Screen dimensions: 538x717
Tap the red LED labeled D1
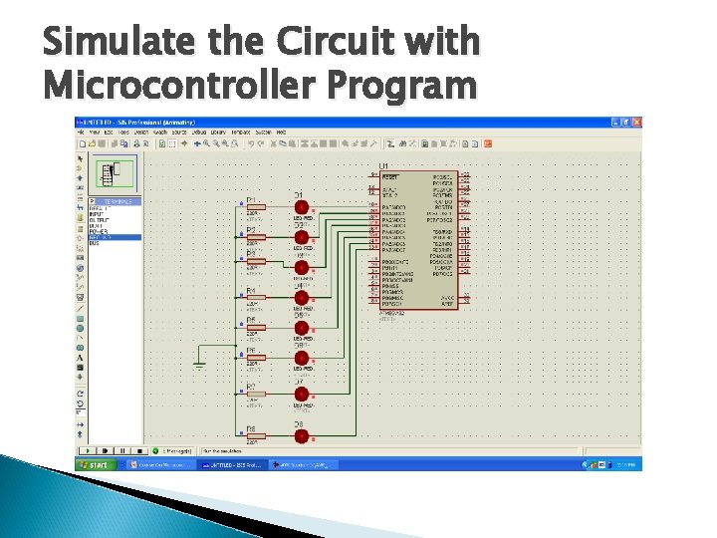click(x=301, y=208)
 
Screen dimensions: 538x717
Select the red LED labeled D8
click(x=301, y=436)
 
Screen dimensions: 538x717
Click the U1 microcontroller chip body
click(x=418, y=239)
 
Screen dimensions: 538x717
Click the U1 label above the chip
click(x=383, y=166)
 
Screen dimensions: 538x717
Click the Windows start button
click(x=97, y=464)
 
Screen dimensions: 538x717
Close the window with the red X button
click(x=636, y=122)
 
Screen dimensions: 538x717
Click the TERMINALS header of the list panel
click(x=118, y=201)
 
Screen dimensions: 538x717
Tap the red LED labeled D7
click(x=301, y=395)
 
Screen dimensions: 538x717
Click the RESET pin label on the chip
click(x=390, y=176)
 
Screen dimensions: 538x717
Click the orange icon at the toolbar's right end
click(x=488, y=143)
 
